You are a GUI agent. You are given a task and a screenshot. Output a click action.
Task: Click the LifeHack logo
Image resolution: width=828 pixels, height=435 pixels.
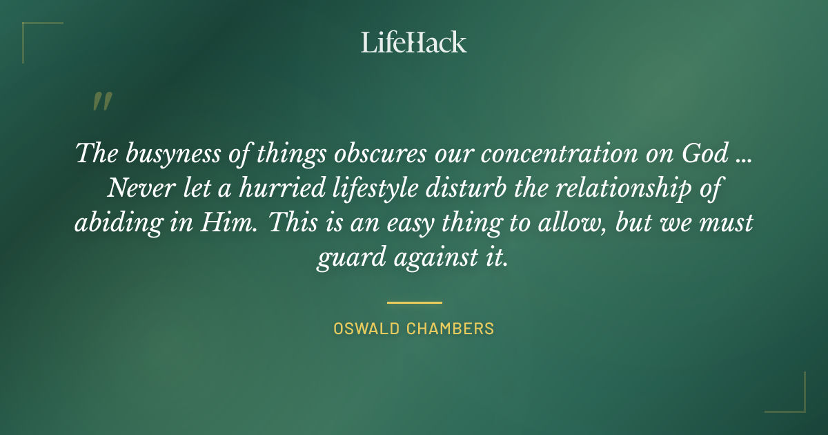pyautogui.click(x=413, y=43)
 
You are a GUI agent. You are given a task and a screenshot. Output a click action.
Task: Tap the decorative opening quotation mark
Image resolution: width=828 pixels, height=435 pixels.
pyautogui.click(x=101, y=101)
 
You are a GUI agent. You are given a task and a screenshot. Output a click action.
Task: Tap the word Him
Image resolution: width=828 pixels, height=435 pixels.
pyautogui.click(x=218, y=224)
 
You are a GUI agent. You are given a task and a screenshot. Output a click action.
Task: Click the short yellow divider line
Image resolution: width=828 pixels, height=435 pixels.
pyautogui.click(x=414, y=302)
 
